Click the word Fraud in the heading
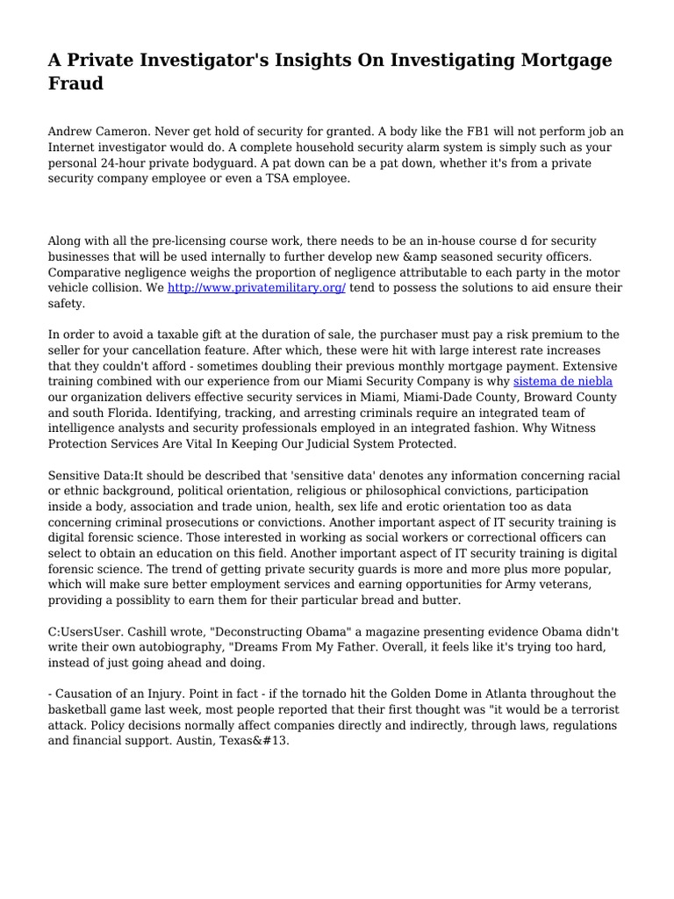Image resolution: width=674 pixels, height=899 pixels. click(x=75, y=84)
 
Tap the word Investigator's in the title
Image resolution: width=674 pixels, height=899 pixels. click(x=197, y=61)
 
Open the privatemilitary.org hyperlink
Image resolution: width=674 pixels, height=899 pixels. click(x=256, y=287)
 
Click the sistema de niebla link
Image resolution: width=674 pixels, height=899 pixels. click(x=563, y=381)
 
